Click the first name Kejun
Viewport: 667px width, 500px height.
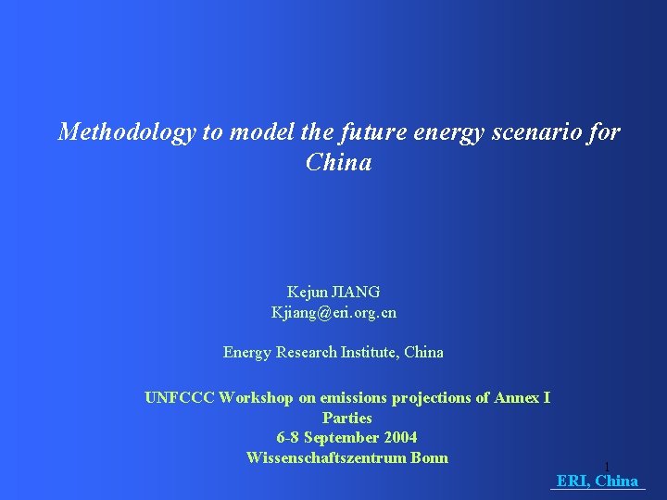point(305,292)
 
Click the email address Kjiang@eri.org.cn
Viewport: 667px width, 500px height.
point(333,312)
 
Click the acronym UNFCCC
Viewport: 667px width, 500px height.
point(180,398)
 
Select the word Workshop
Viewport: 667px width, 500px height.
point(257,398)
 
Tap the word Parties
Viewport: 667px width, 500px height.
point(346,419)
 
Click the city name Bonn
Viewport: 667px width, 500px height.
point(429,457)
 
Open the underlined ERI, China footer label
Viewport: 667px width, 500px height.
point(598,481)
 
